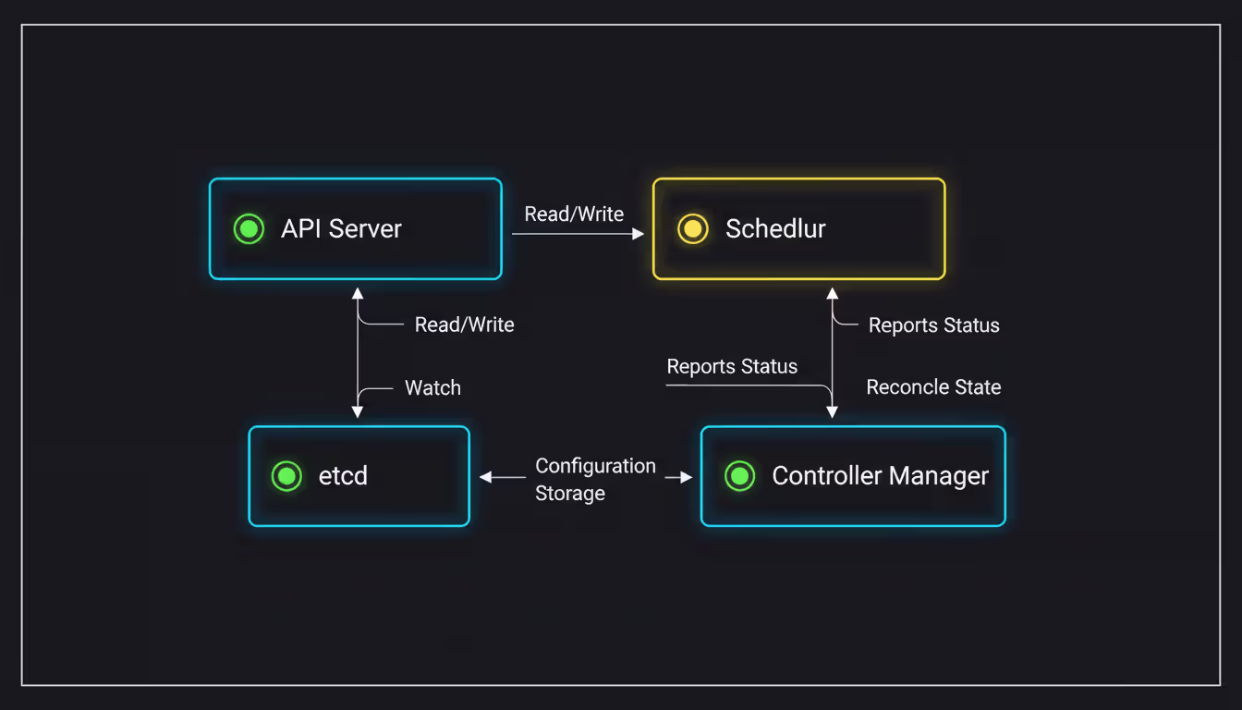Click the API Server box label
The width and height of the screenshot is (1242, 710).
tap(341, 229)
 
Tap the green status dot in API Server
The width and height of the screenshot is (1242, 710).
tap(249, 228)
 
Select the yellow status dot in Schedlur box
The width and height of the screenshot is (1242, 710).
tap(693, 228)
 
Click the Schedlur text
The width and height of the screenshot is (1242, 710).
tap(775, 229)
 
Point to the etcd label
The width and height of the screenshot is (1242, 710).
tap(343, 476)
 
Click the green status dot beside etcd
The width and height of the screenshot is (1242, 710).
tap(286, 476)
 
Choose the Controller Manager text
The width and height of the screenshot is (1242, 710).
tap(880, 476)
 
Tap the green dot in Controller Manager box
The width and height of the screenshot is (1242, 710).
tap(739, 476)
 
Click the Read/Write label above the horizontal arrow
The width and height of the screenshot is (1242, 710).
tap(574, 214)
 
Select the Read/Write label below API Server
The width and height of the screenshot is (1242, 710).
tap(464, 324)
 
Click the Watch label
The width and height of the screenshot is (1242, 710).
tap(432, 388)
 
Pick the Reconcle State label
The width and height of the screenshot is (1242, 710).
tap(933, 387)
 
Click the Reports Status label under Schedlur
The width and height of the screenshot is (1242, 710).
tap(933, 325)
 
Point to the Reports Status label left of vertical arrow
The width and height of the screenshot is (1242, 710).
tap(732, 367)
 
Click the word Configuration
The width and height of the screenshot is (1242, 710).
tap(595, 466)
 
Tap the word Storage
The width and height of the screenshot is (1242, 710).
tap(570, 494)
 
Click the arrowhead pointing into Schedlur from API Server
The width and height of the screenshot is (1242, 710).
tap(638, 234)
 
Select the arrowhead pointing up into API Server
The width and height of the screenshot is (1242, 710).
tap(358, 294)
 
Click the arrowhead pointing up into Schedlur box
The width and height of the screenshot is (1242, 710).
tap(832, 294)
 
